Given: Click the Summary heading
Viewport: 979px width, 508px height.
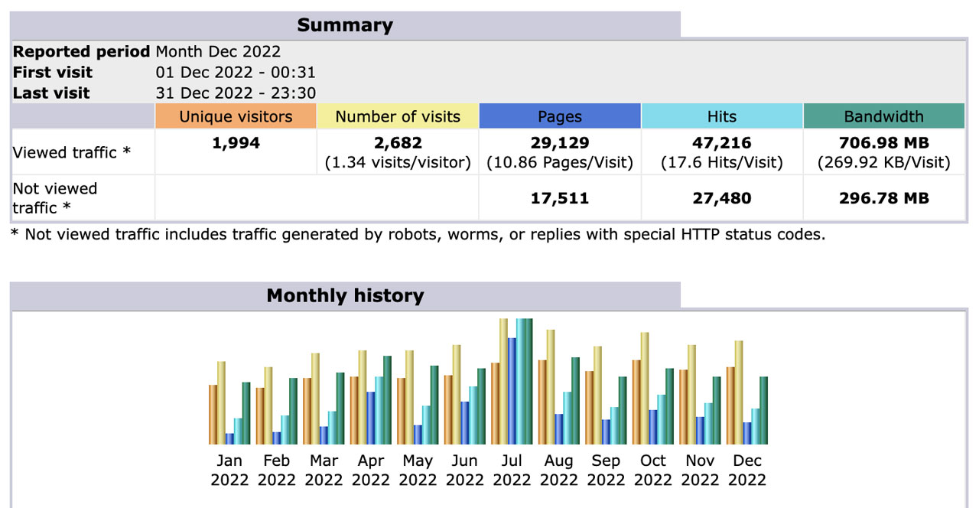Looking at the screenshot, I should pos(345,25).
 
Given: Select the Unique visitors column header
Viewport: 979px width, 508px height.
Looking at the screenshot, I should pos(236,117).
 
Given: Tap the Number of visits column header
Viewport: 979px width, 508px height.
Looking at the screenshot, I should pos(398,117).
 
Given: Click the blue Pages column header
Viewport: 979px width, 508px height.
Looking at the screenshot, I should pos(560,117).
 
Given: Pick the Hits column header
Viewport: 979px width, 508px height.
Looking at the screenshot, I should pos(722,117).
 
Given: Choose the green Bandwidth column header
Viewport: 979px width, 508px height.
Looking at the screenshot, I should pos(883,117).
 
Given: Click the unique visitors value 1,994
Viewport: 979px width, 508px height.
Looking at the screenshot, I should pos(236,143).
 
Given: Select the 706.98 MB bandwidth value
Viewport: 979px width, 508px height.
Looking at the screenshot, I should pos(883,143).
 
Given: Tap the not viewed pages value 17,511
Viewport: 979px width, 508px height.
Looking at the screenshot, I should pos(560,199).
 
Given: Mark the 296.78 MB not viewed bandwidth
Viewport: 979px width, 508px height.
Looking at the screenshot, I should pos(883,199).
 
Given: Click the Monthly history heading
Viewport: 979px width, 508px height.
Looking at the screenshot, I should pos(345,296).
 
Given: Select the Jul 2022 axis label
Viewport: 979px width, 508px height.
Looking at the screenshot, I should pos(512,471).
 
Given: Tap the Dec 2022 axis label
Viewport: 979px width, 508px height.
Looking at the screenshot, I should pos(747,471).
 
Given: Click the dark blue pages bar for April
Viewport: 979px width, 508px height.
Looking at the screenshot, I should pos(371,418).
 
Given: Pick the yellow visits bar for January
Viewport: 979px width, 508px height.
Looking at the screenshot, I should pos(222,403).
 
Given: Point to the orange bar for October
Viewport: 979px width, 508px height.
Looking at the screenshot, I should pos(636,402).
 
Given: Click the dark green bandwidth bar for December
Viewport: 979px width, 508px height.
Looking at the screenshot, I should pos(763,410).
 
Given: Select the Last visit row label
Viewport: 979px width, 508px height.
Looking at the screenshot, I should pos(51,93).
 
